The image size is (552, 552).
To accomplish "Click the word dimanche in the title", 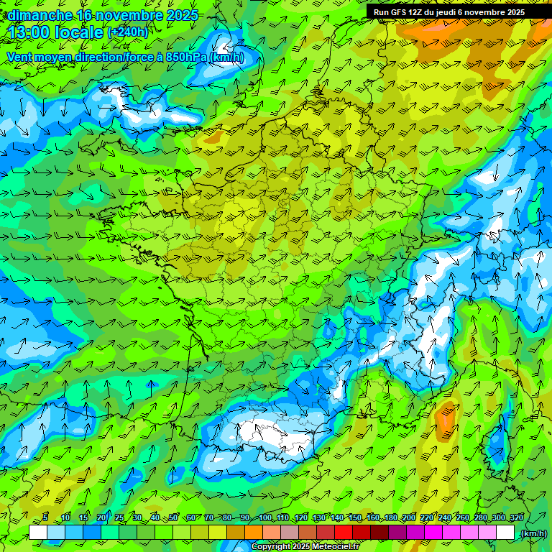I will (40, 15).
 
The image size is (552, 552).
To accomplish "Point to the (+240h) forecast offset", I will (127, 32).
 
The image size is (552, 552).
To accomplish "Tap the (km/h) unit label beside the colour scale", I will (533, 533).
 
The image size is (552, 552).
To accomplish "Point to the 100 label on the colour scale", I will (264, 517).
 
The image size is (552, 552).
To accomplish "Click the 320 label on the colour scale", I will (516, 517).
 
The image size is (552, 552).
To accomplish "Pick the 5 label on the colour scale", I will (46, 517).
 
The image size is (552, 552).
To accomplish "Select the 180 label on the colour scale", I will (390, 517).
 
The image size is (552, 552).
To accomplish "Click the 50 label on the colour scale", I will (173, 517).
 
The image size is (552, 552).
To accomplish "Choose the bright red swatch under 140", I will (344, 533).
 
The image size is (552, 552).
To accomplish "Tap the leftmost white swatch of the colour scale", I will (38, 533).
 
